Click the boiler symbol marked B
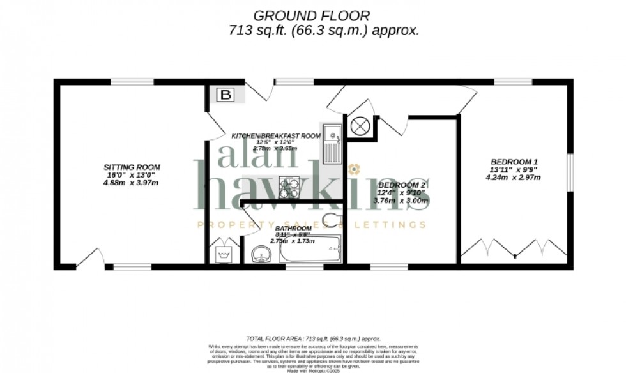coord(225,96)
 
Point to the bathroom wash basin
coord(263,254)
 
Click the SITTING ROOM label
coord(132,167)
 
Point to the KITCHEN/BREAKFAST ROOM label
coord(275,135)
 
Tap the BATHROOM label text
coord(293,228)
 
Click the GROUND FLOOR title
coord(311,15)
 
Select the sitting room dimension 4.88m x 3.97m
coord(131,183)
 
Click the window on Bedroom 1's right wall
coord(569,169)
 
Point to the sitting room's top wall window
coord(131,82)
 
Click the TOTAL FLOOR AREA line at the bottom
coord(313,339)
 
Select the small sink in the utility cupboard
coord(224,254)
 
